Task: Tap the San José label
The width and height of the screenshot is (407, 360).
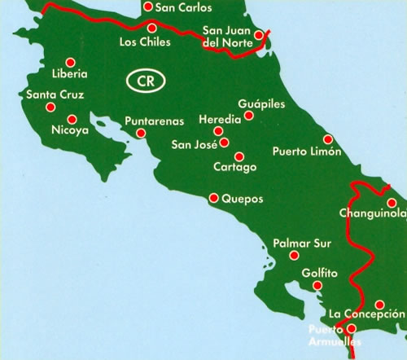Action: point(194,146)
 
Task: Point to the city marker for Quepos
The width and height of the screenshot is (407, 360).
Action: point(214,197)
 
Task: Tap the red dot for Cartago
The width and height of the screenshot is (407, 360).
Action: point(239,156)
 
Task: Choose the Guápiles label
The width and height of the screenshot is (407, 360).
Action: point(262,104)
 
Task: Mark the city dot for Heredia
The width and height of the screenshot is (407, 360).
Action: point(217,131)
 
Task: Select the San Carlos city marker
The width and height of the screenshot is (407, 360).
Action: point(147,7)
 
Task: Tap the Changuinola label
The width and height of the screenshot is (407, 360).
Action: point(370,215)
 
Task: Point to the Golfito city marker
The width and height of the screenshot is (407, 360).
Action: point(317,286)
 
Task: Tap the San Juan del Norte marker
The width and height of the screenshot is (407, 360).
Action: point(258,35)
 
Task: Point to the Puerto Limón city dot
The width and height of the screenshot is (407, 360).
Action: point(328,139)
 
